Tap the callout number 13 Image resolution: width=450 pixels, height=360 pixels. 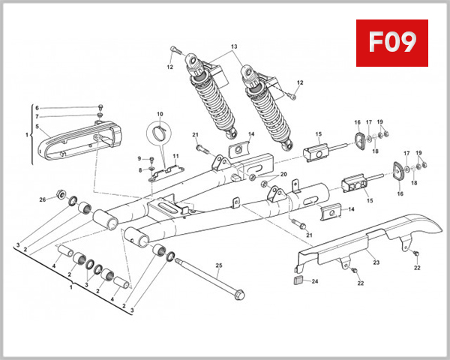click(234, 46)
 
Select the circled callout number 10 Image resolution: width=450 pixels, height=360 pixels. click(159, 115)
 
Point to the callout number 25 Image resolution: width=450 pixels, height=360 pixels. click(219, 265)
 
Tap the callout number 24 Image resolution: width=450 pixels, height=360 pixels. click(315, 282)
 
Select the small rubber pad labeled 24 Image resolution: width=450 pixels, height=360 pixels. click(296, 282)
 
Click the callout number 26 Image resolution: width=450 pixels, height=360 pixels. click(43, 199)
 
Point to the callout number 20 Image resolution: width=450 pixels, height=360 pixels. click(283, 175)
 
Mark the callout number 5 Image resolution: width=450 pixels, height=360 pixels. click(37, 127)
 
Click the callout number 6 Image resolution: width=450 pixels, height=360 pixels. click(37, 108)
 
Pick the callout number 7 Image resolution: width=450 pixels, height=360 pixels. click(37, 116)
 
